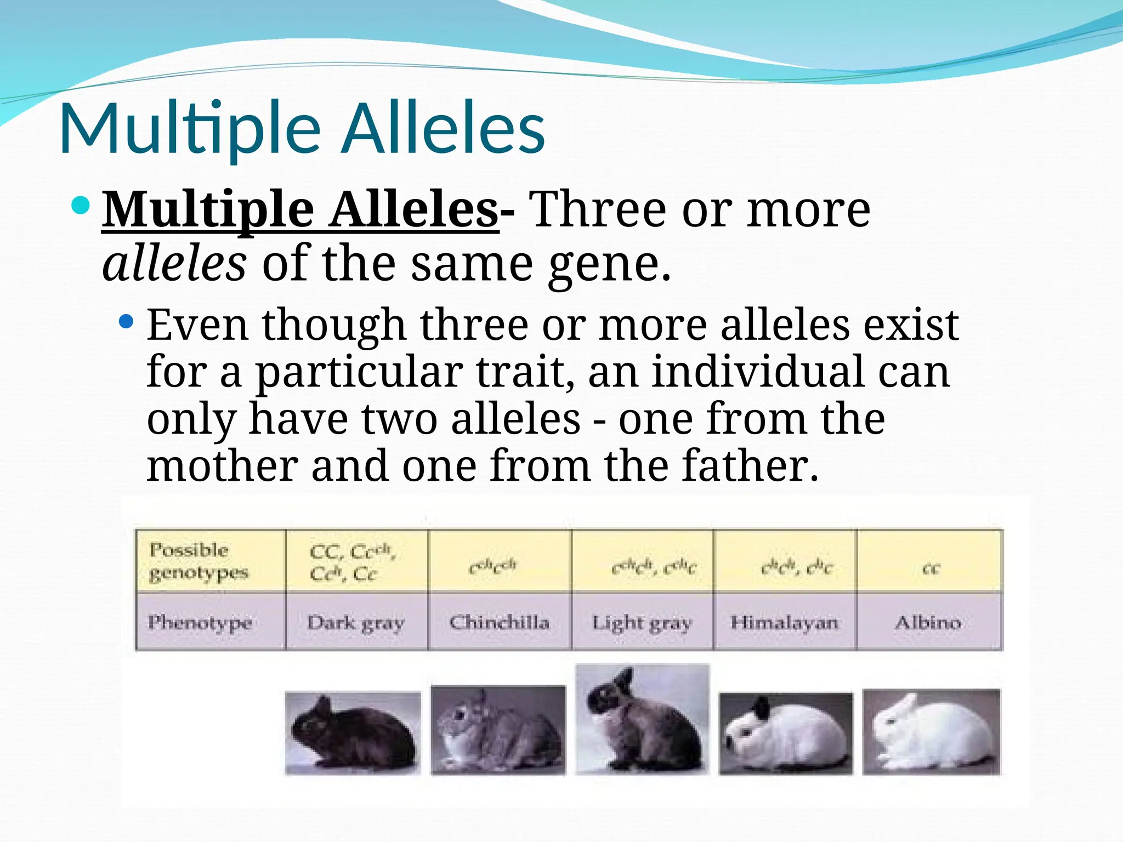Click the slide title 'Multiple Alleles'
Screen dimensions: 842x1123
[302, 129]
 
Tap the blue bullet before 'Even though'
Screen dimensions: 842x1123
[126, 321]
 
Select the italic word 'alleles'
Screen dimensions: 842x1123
[174, 264]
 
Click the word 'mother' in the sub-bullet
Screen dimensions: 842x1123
[222, 466]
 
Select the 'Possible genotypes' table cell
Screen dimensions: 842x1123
[211, 561]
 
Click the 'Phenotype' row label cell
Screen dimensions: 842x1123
[211, 622]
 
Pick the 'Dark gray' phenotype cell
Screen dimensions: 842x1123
[356, 622]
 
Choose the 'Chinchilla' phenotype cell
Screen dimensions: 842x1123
[500, 622]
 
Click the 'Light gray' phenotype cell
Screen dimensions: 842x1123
[642, 622]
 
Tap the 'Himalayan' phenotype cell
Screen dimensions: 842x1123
[785, 622]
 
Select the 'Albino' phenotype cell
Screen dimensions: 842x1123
[929, 622]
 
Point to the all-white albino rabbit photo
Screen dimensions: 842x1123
[931, 732]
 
